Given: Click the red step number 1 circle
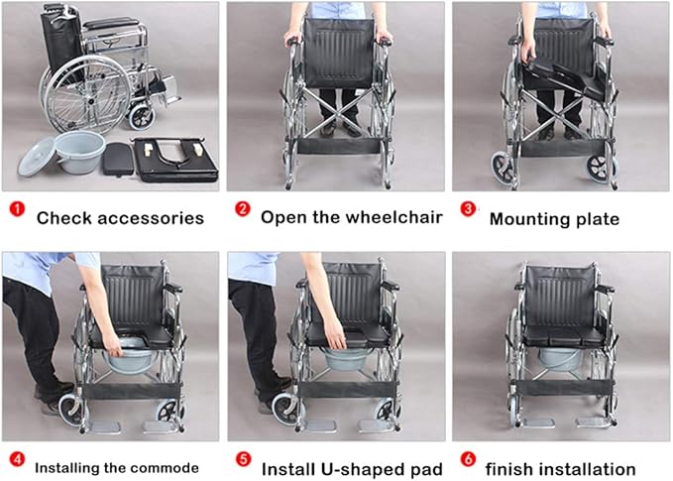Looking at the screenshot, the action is [x=17, y=209].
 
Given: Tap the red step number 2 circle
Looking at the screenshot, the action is [x=243, y=209].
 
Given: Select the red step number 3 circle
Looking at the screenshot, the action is [x=468, y=209].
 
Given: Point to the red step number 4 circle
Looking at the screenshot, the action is [x=17, y=459].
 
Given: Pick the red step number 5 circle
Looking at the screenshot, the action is [x=243, y=459].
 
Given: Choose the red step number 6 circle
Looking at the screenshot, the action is [x=468, y=459].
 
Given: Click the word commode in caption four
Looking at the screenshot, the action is [x=167, y=468].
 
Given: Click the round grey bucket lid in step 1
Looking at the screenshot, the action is [x=37, y=157].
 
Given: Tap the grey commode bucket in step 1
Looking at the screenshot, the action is [x=80, y=152].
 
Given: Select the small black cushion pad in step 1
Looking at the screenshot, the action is [x=119, y=159].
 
